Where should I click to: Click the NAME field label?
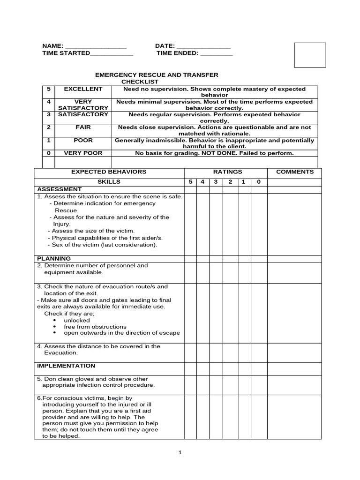click(x=52, y=46)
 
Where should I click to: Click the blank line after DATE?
click(x=203, y=47)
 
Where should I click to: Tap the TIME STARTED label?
click(x=66, y=53)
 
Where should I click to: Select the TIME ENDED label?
click(x=178, y=53)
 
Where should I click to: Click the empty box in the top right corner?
click(x=309, y=55)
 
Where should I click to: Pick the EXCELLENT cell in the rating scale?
click(x=83, y=89)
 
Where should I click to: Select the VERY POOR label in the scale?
click(x=83, y=153)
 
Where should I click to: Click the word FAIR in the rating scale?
click(x=83, y=127)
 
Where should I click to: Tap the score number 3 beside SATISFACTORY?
click(x=48, y=114)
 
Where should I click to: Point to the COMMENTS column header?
click(x=294, y=172)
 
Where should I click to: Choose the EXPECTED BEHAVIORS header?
click(x=109, y=172)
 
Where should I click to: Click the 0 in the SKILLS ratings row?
click(x=259, y=181)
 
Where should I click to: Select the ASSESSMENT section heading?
click(x=56, y=189)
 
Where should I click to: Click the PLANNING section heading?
click(x=54, y=258)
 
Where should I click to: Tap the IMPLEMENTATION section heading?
click(x=66, y=366)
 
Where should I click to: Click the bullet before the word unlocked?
click(x=55, y=320)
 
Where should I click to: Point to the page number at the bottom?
click(x=180, y=453)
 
